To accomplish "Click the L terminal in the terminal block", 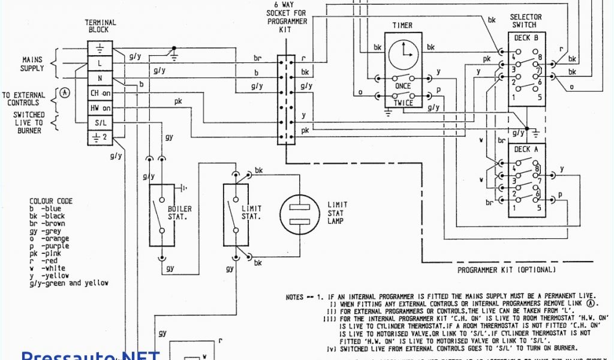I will click(100, 62).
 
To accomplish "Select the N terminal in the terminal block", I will click(100, 77).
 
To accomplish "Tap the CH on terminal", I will click(100, 93).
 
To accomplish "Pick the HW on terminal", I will click(100, 108).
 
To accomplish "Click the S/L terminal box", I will click(100, 123).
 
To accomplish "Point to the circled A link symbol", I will click(65, 93).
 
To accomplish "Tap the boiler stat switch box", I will click(161, 215).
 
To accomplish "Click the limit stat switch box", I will click(235, 215).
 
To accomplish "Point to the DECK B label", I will click(526, 38).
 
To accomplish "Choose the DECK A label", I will click(526, 150).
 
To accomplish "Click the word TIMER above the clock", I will click(402, 25).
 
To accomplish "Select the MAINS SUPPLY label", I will click(32, 64).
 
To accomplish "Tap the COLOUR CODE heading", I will click(51, 201).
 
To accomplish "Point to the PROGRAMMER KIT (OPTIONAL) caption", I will click(507, 270).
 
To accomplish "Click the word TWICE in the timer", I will click(403, 103).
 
